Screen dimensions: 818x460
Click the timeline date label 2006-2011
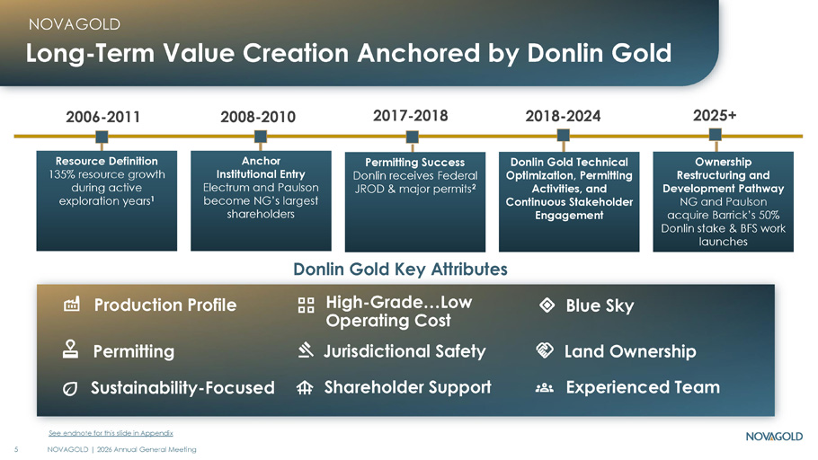(x=102, y=117)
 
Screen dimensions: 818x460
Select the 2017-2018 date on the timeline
(x=410, y=115)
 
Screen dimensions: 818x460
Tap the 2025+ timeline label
(x=715, y=115)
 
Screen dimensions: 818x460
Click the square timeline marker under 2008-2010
(x=261, y=137)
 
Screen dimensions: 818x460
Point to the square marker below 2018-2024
(x=563, y=136)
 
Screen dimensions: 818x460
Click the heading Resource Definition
(x=106, y=161)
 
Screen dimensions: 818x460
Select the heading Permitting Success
(x=414, y=163)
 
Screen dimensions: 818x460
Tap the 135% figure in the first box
(x=62, y=174)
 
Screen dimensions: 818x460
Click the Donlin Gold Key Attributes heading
(x=400, y=270)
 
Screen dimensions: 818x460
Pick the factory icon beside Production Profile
(x=72, y=304)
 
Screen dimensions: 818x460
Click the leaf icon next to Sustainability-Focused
(x=70, y=388)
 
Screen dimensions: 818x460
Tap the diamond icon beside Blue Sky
(x=547, y=305)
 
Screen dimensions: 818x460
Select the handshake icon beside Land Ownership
(x=544, y=350)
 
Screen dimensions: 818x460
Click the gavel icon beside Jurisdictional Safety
(x=306, y=350)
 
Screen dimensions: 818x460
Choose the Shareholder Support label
(x=407, y=387)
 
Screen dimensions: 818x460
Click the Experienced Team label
(x=643, y=387)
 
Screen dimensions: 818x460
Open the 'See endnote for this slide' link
(x=111, y=433)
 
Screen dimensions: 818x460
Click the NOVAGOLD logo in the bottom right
(x=774, y=436)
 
